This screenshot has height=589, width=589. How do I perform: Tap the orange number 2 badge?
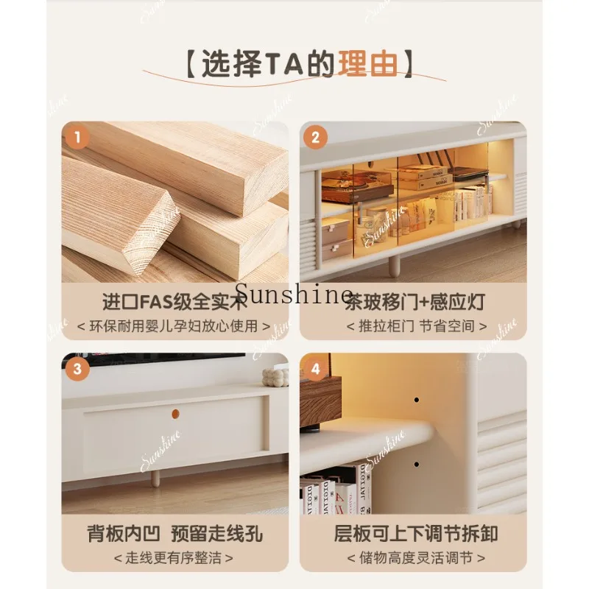tap(315, 136)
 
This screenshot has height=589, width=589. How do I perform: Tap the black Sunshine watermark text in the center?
tap(294, 296)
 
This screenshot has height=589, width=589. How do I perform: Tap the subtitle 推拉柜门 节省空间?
tap(416, 325)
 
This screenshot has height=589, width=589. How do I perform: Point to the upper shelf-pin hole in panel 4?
tap(416, 400)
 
